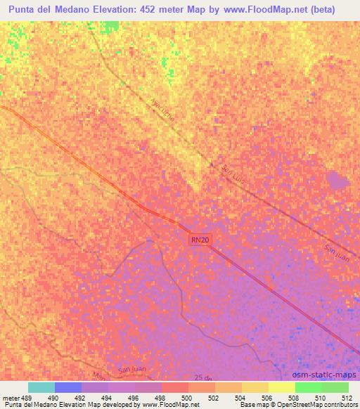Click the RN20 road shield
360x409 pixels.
pyautogui.click(x=200, y=240)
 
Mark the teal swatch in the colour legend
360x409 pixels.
pyautogui.click(x=41, y=387)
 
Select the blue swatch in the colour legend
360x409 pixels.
pyautogui.click(x=68, y=387)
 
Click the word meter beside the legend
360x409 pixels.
pyautogui.click(x=12, y=397)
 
